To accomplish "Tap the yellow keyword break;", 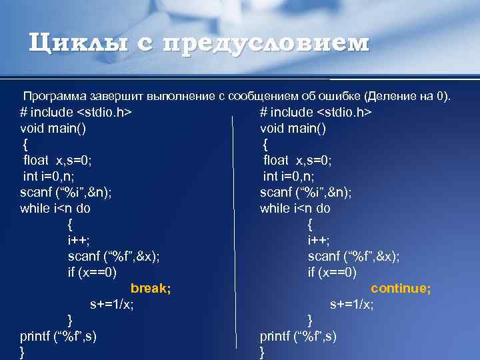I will [x=151, y=288].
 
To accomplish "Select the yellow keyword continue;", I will [x=401, y=288].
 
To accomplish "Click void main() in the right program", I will [x=293, y=128].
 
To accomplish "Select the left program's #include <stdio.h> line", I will [x=75, y=112].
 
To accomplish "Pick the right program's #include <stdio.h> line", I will [x=315, y=112].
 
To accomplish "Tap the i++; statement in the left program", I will [x=79, y=240].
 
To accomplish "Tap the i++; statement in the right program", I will [x=319, y=240].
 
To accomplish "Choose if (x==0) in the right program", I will [x=332, y=272].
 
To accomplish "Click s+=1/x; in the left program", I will [x=112, y=304].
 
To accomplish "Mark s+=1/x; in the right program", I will [x=352, y=304].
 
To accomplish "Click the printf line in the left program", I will [x=59, y=336].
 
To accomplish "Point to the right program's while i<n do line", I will [x=295, y=208].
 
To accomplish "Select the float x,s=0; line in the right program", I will [x=297, y=160].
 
